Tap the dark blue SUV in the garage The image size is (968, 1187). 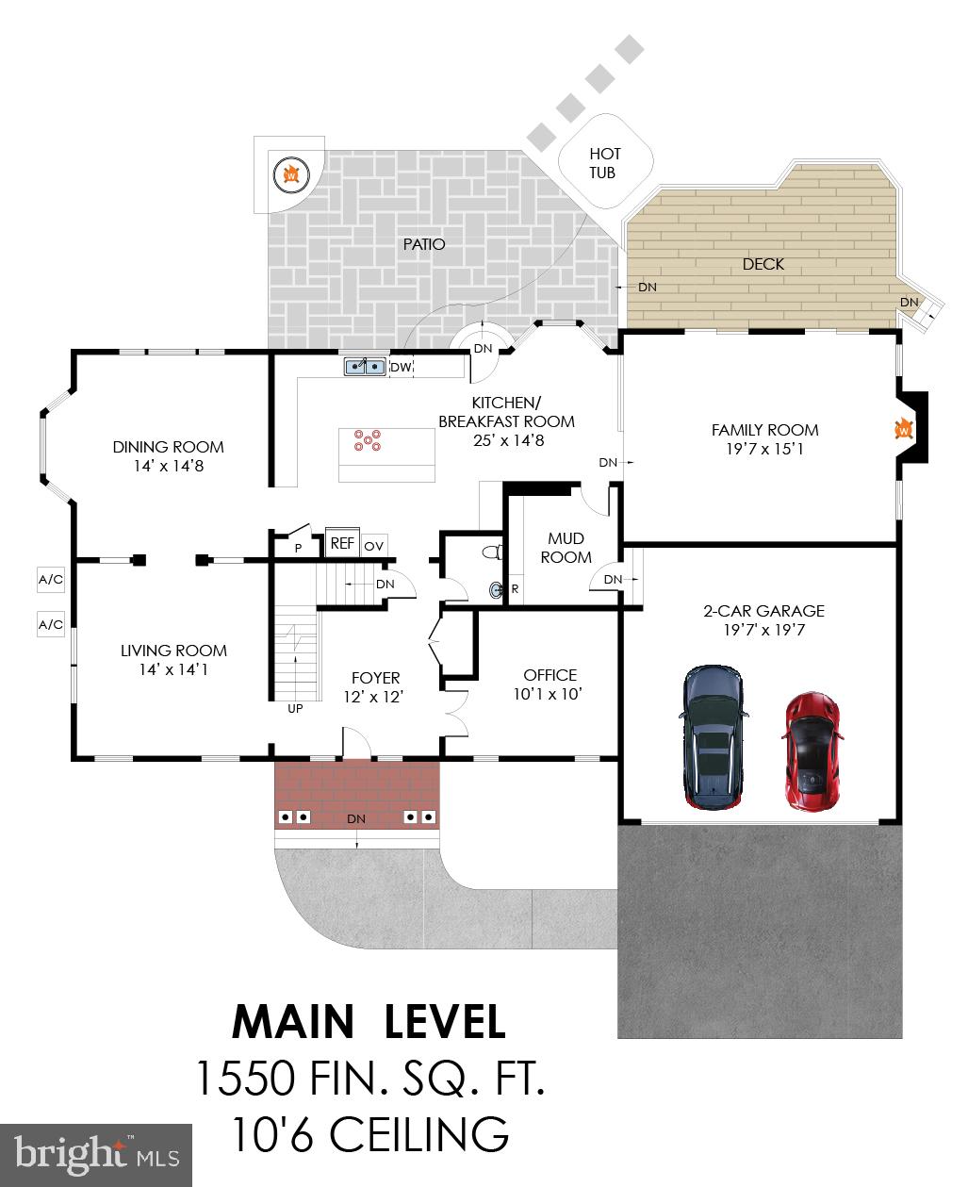pos(714,737)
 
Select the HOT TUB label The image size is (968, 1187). pos(603,163)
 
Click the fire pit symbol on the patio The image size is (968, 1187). pos(291,174)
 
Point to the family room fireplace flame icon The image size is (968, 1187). pos(902,429)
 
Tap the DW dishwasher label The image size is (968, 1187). pos(401,367)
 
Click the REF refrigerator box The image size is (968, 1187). pos(341,543)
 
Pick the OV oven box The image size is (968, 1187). pos(373,545)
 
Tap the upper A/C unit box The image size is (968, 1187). pos(51,579)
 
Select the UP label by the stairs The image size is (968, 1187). pos(295,708)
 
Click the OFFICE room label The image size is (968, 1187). pos(550,675)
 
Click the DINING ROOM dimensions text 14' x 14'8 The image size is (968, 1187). pos(168,466)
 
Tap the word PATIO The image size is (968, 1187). pos(423,244)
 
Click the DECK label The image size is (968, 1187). pos(763,264)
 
